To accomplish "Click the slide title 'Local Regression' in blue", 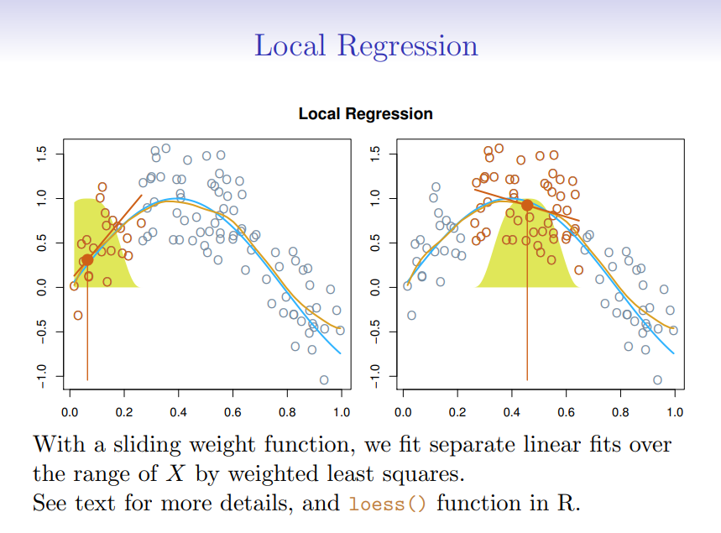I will [x=366, y=44].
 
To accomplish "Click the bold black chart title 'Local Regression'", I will [x=366, y=114].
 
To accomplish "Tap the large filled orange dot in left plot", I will [x=87, y=260].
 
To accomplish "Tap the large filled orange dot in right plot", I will [x=527, y=205].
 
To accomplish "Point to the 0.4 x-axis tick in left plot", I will [x=178, y=413].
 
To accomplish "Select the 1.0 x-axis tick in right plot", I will [x=674, y=413].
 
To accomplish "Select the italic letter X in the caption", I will [x=175, y=473].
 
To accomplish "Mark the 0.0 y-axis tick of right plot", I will [x=375, y=287].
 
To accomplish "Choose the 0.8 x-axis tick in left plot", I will [x=287, y=413].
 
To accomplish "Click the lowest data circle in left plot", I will [x=324, y=380].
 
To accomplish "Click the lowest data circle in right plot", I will [x=657, y=380].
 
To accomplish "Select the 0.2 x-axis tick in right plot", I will [x=457, y=413].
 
